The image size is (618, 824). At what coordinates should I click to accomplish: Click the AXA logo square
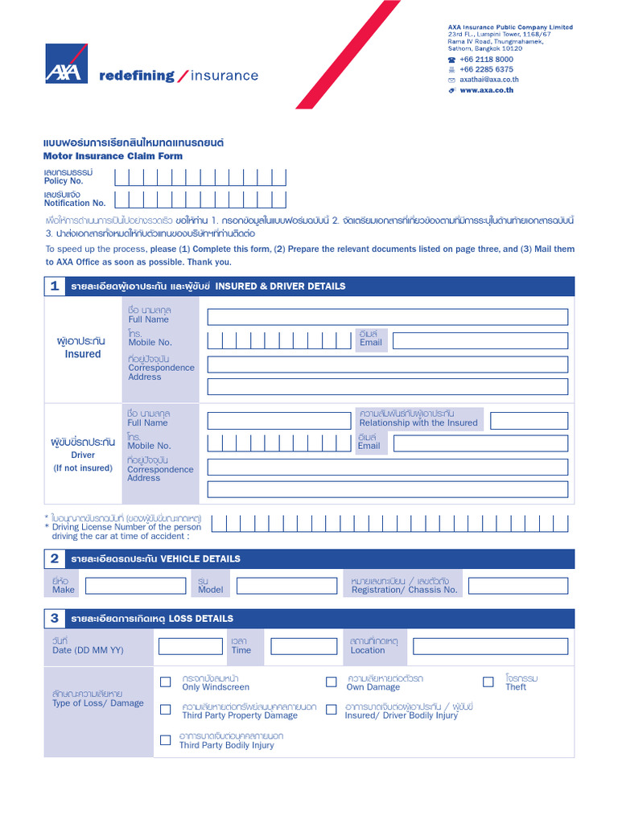[x=66, y=64]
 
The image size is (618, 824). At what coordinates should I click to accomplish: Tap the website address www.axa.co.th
[x=486, y=91]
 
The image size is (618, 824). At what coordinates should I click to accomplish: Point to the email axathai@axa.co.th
[x=488, y=80]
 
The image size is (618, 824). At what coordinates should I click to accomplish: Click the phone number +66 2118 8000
[x=486, y=60]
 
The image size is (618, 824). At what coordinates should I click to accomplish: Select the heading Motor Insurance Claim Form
[x=113, y=156]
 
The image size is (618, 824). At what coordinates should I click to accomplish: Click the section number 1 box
[x=55, y=286]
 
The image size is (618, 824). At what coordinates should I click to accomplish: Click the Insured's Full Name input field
[x=387, y=316]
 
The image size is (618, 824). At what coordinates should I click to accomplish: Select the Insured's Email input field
[x=480, y=340]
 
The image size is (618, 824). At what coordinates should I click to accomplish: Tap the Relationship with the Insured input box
[x=529, y=421]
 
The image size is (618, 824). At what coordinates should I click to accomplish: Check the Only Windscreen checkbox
[x=166, y=682]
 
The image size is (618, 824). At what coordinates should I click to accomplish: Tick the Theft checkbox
[x=488, y=682]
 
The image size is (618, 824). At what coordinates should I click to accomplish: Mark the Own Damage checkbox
[x=331, y=682]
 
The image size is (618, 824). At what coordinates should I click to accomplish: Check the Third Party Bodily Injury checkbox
[x=166, y=740]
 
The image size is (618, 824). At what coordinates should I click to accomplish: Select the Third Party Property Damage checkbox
[x=166, y=710]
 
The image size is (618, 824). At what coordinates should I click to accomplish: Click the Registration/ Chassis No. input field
[x=517, y=586]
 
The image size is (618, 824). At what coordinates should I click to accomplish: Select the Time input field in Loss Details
[x=303, y=646]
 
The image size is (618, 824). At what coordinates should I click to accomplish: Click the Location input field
[x=489, y=646]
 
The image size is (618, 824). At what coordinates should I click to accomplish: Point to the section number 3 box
[x=55, y=619]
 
